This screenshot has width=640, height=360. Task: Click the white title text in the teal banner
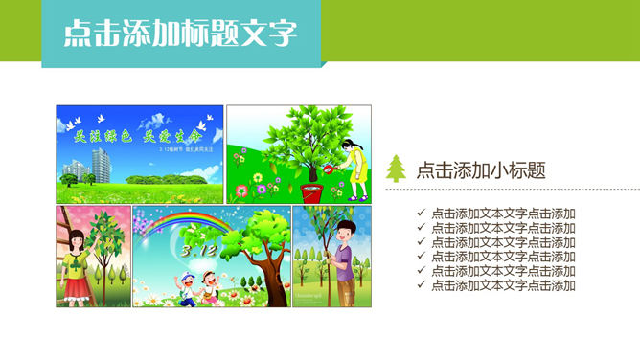[180, 34]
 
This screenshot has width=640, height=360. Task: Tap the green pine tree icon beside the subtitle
[397, 169]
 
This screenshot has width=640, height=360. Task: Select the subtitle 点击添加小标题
[481, 170]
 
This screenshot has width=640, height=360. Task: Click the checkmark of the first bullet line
[422, 214]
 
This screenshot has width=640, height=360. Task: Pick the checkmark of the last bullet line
[422, 285]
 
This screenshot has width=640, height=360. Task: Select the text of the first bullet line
[503, 214]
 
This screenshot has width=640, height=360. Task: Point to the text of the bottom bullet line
[503, 285]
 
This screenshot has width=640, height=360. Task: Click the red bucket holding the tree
[311, 191]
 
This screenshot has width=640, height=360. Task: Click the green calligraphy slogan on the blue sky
[139, 135]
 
